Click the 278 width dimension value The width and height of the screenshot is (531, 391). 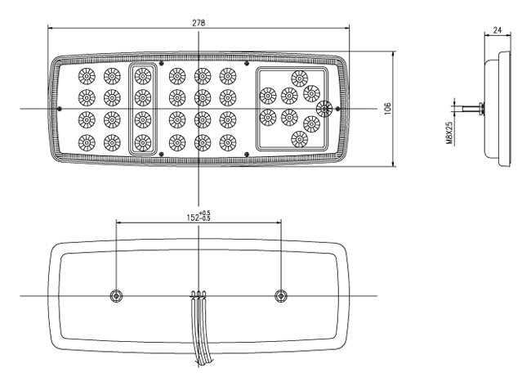point(199,23)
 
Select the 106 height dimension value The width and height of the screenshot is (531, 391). point(388,109)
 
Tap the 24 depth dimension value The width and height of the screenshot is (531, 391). point(497,30)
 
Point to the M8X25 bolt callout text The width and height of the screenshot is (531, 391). point(449,133)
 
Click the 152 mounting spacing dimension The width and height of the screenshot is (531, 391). point(199,216)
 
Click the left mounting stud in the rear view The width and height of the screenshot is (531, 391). point(116,296)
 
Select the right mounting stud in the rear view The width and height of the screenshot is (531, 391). point(280,296)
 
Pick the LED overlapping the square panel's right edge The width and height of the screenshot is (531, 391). point(324,109)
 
